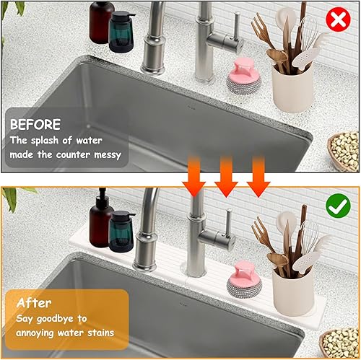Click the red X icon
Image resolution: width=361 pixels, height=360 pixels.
tap(338, 19)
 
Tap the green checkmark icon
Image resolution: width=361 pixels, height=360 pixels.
tap(338, 206)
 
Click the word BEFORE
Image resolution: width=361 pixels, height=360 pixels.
tap(35, 124)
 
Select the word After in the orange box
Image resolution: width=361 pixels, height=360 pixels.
tap(34, 303)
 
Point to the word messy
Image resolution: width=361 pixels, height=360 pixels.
tap(108, 155)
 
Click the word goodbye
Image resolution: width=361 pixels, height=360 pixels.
tap(55, 319)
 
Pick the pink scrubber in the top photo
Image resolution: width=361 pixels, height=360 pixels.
tap(243, 76)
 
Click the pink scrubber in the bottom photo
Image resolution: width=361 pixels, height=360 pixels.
tap(244, 279)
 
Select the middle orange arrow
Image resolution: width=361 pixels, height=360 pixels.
tap(226, 177)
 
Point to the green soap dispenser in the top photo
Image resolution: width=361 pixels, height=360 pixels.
tap(121, 32)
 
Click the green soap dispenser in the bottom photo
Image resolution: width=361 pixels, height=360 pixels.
tap(121, 232)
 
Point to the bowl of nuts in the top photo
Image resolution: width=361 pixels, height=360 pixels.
tap(344, 152)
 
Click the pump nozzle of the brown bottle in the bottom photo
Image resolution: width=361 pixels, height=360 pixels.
tap(103, 193)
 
